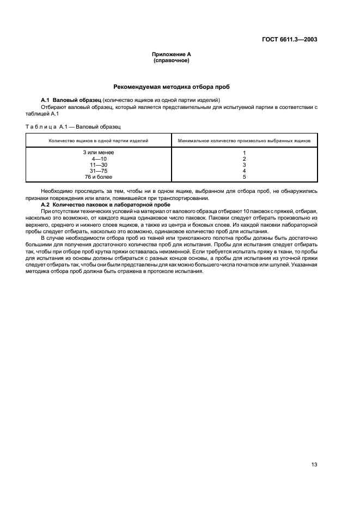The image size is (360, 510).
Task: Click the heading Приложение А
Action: (x=172, y=54)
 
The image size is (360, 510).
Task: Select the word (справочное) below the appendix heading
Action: (x=172, y=60)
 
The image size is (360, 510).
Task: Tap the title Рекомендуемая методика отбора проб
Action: (x=172, y=86)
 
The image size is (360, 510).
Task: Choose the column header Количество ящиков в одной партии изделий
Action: (x=99, y=141)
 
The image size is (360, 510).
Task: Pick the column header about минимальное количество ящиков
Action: (x=245, y=141)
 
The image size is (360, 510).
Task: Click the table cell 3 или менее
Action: (x=99, y=153)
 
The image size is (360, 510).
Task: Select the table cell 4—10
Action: (x=99, y=159)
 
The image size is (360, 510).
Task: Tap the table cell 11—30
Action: (x=99, y=165)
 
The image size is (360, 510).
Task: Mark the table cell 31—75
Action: (x=99, y=171)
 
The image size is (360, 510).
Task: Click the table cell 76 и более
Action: (x=99, y=177)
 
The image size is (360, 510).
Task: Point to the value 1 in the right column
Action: (x=245, y=153)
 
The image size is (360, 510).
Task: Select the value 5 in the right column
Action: (x=245, y=177)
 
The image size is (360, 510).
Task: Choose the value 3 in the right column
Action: (x=245, y=165)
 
